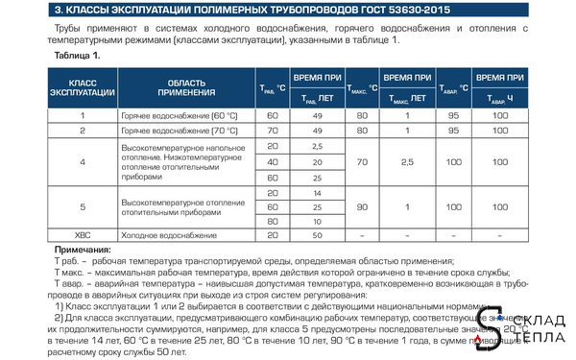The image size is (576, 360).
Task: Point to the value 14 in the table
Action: point(316,193)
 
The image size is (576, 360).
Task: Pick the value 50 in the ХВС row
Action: point(316,234)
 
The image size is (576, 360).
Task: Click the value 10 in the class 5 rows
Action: point(316,221)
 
